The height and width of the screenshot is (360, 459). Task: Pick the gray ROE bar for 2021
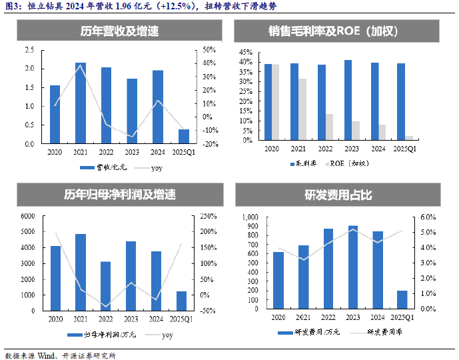click(x=302, y=109)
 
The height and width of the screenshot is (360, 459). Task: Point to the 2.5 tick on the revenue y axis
click(x=29, y=50)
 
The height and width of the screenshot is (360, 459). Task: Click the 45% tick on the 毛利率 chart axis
click(x=245, y=52)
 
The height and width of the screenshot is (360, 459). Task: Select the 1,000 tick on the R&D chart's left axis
click(x=247, y=217)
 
